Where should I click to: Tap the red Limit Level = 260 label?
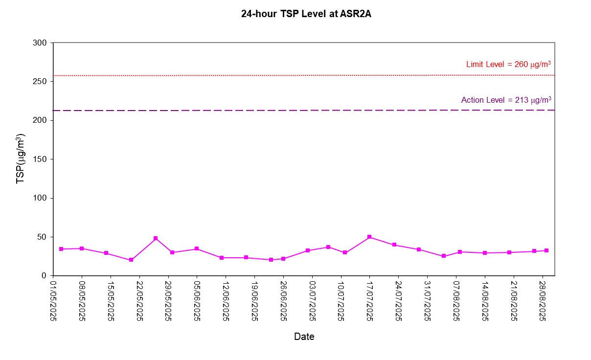point(509,64)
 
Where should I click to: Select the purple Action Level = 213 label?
point(506,100)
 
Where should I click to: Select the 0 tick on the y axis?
point(44,276)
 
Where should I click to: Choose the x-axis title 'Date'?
point(304,337)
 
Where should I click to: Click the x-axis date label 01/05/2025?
point(54,299)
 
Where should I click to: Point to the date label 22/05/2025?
point(140,299)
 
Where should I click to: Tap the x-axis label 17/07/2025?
point(370,299)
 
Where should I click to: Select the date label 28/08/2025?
point(542,299)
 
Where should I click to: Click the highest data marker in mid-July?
point(369,237)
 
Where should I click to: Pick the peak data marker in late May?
point(156,238)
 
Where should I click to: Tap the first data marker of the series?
point(61,249)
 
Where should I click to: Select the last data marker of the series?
point(546,250)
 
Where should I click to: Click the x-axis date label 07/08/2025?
point(456,299)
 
